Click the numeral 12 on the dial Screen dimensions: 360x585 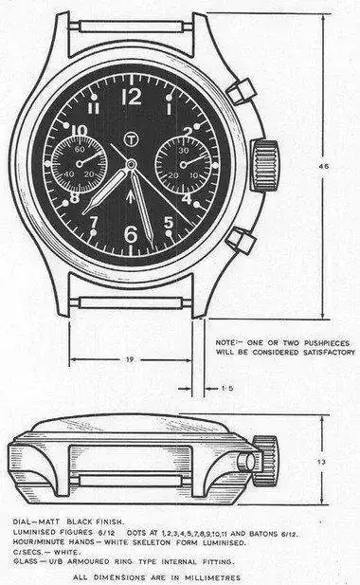[132, 97]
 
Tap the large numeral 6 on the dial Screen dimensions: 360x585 [131, 234]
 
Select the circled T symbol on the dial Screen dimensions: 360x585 [131, 138]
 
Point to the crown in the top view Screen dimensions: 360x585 [265, 165]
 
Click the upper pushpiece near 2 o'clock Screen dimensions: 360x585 [242, 91]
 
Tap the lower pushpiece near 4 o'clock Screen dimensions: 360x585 [242, 240]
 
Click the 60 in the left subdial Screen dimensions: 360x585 [80, 149]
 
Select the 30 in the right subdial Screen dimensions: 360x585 [184, 151]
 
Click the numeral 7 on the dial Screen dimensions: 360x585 [94, 222]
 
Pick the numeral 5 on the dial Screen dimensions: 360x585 [169, 223]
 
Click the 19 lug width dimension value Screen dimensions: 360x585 [130, 360]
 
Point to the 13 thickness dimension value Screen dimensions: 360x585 [321, 462]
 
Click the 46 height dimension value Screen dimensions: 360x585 [324, 166]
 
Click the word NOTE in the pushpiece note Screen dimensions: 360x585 [225, 342]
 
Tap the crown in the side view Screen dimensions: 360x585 [265, 461]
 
